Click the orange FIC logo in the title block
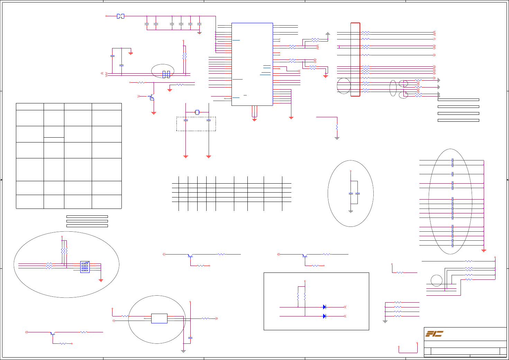pos(434,334)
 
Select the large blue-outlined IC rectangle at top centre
pos(252,64)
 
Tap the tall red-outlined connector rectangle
pos(355,59)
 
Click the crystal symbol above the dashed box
pos(197,112)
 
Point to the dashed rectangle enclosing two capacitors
pos(196,124)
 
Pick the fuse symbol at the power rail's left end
pos(120,16)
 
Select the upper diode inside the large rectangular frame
pos(324,307)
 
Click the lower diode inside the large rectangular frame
pos(324,316)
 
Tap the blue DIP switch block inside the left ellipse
pos(85,267)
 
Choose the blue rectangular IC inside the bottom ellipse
pos(159,319)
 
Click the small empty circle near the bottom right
pos(436,280)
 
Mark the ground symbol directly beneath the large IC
pos(254,119)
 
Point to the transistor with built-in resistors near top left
pos(151,97)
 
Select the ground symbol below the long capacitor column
pos(484,250)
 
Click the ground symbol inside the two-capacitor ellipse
pos(351,211)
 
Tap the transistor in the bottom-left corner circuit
pos(52,333)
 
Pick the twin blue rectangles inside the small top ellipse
pos(166,74)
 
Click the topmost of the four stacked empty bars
pos(458,100)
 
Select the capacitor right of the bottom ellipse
pos(190,338)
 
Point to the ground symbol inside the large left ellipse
pos(101,280)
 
